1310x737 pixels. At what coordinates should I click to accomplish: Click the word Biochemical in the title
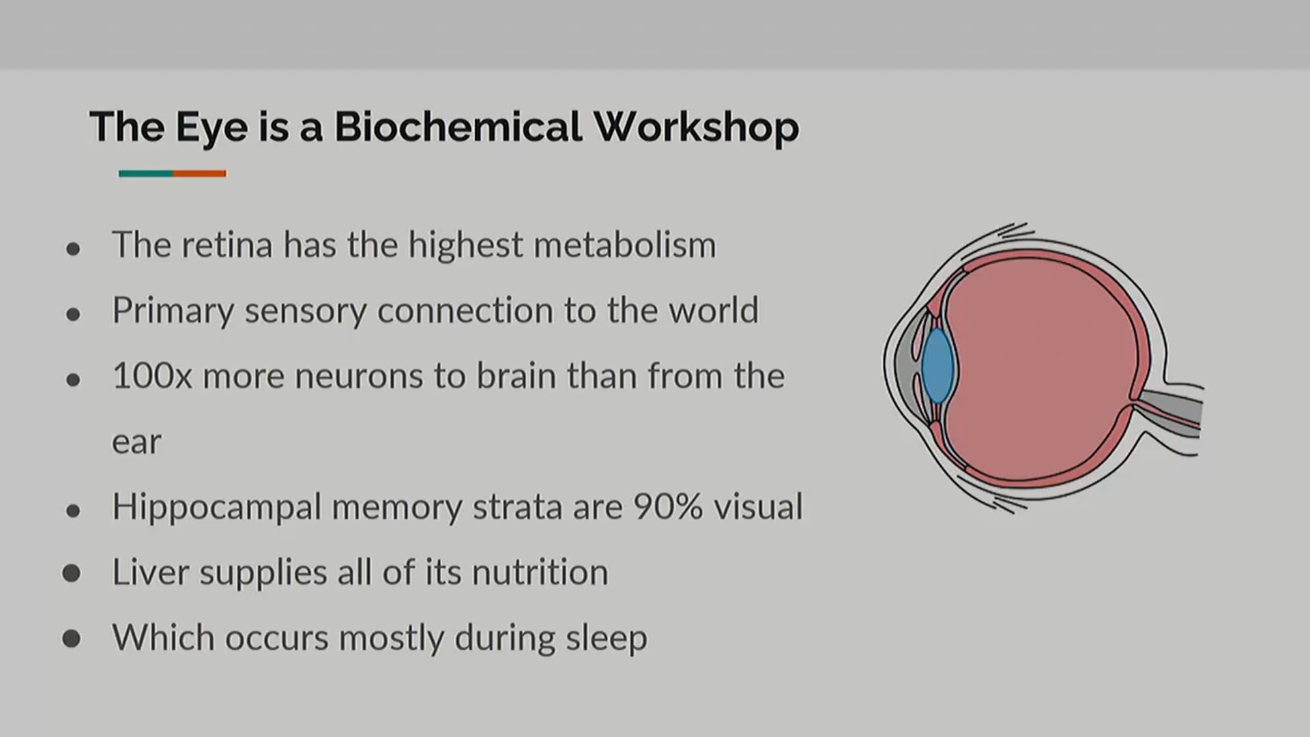(x=458, y=127)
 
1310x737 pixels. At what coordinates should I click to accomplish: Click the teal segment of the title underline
(x=145, y=173)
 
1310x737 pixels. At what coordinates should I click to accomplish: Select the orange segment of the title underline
(x=199, y=173)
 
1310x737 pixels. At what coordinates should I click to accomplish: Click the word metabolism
(x=624, y=244)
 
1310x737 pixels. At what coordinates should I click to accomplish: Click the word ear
(x=136, y=442)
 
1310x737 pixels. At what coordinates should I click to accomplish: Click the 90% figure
(x=668, y=507)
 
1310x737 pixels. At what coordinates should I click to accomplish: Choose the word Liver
(x=150, y=572)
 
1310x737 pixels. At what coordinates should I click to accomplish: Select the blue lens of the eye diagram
(x=937, y=365)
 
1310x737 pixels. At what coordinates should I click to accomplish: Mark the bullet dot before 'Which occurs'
(x=72, y=639)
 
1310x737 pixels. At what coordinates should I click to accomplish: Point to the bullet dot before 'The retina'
(x=74, y=249)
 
